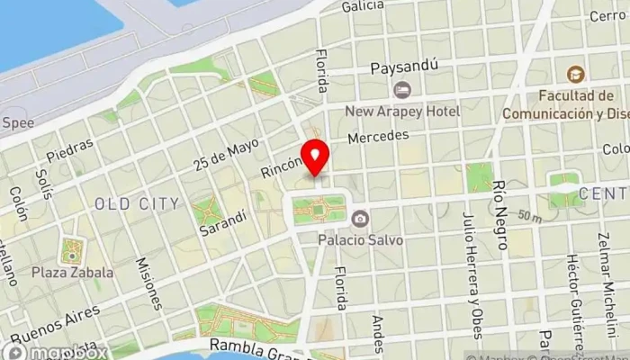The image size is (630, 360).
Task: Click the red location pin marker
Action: pyautogui.click(x=315, y=158)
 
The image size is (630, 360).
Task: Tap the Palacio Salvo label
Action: pyautogui.click(x=360, y=240)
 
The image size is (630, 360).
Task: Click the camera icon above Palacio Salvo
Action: pyautogui.click(x=360, y=219)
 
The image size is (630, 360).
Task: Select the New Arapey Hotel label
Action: pyautogui.click(x=404, y=111)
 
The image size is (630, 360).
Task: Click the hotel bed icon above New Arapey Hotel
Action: pyautogui.click(x=402, y=89)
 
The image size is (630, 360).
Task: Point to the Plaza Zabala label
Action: pyautogui.click(x=72, y=272)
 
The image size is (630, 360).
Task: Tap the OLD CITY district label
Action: pyautogui.click(x=137, y=204)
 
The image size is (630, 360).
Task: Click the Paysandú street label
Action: pyautogui.click(x=404, y=67)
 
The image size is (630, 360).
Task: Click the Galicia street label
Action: pyautogui.click(x=364, y=6)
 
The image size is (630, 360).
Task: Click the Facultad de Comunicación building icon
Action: pyautogui.click(x=574, y=74)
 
